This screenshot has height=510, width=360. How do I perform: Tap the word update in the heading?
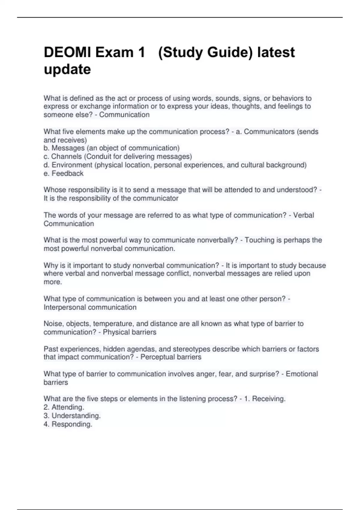pyautogui.click(x=67, y=70)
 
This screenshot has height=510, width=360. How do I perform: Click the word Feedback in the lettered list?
pyautogui.click(x=67, y=173)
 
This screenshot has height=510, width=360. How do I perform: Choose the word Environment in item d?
pyautogui.click(x=72, y=165)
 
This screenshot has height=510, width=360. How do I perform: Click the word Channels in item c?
pyautogui.click(x=66, y=156)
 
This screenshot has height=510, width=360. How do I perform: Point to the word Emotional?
pyautogui.click(x=301, y=374)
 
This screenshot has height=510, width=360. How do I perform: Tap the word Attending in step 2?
pyautogui.click(x=67, y=407)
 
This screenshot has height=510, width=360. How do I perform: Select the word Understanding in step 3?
pyautogui.click(x=76, y=415)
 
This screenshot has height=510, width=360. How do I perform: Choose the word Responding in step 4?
pyautogui.click(x=72, y=424)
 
